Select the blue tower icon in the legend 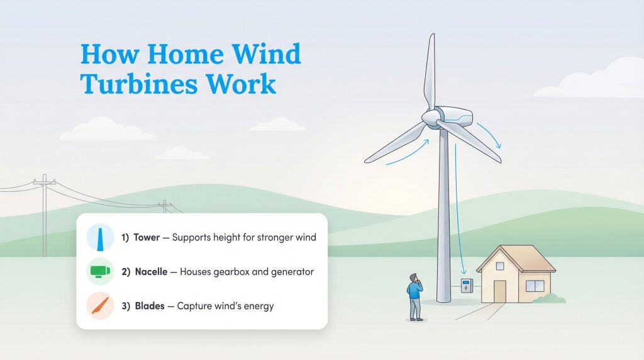click(100, 239)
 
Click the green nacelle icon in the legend click(100, 272)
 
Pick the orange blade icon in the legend click(100, 306)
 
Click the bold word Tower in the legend click(147, 239)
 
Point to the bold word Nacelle click(152, 272)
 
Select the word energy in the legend click(258, 307)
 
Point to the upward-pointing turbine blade click(430, 69)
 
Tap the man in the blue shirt click(414, 296)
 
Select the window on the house click(535, 286)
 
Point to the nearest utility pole click(45, 214)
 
